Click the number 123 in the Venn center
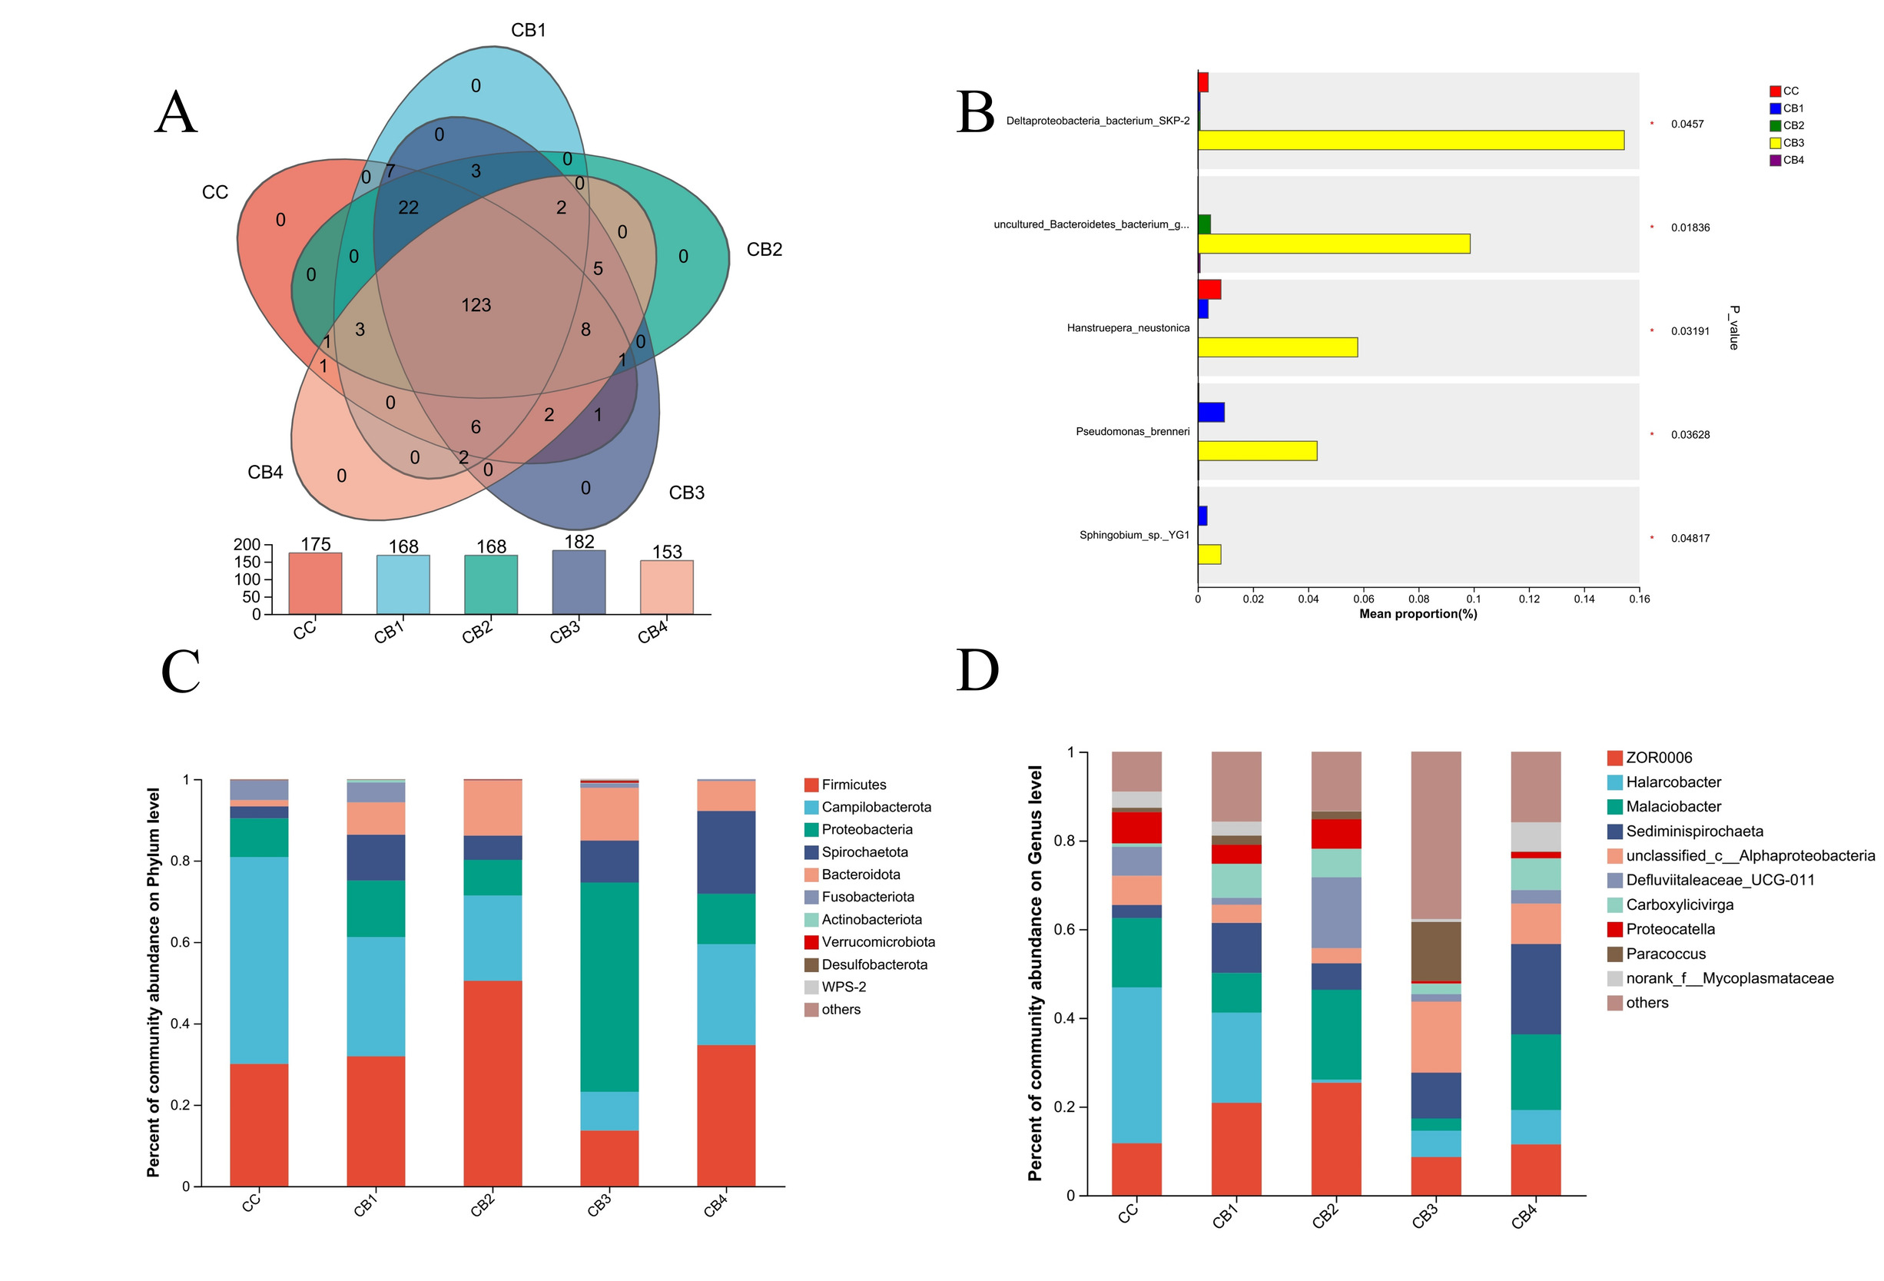(476, 305)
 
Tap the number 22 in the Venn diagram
(408, 207)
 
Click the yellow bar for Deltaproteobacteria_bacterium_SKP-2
(1410, 141)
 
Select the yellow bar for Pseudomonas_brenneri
(1256, 451)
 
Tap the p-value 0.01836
(1690, 227)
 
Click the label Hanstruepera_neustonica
(1128, 327)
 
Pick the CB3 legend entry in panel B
(1786, 143)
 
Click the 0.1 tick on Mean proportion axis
(1473, 599)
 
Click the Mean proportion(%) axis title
(1418, 614)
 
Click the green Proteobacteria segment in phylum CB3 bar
(609, 986)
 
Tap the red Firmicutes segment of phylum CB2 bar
(492, 1083)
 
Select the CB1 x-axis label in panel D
(1225, 1216)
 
